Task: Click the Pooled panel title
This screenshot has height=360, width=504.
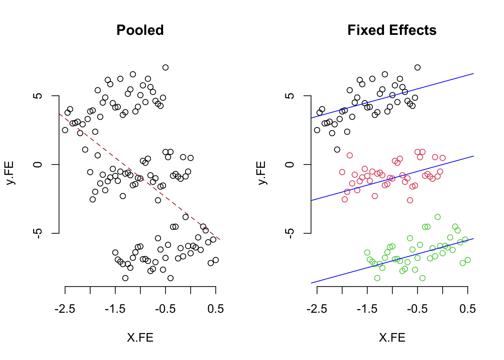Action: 140,30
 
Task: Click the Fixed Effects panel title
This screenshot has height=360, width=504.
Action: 392,30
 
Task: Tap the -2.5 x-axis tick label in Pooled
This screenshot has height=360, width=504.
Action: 65,309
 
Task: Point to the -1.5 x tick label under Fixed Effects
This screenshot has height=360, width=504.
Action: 367,309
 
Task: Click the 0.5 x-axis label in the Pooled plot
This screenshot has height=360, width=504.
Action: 216,309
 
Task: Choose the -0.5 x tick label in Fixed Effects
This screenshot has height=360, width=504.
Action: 417,309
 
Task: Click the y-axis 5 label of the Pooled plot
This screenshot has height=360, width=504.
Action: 37,96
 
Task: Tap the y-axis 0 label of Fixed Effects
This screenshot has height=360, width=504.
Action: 289,165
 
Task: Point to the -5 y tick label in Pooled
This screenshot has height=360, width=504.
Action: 37,233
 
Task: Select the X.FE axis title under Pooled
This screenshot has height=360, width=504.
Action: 140,337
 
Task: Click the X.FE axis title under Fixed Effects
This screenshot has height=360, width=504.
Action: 392,337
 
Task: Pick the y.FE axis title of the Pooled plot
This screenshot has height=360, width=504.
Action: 10,173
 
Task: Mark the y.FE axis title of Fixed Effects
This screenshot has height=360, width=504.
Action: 262,173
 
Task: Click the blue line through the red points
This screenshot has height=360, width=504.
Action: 392,178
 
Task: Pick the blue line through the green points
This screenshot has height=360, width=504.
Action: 392,261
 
